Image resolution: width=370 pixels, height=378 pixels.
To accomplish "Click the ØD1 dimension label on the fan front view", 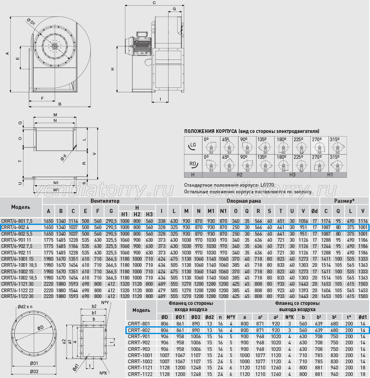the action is pos(31,22).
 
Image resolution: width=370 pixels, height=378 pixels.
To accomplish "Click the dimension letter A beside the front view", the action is pos(7,53).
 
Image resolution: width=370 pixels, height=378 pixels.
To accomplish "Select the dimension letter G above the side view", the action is pos(174,9).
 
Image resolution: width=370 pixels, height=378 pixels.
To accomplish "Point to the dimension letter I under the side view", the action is pos(160,99).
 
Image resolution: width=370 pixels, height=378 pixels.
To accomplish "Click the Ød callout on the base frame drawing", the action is pos(63,158).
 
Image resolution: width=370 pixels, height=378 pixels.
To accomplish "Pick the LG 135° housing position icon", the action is pos(265,145).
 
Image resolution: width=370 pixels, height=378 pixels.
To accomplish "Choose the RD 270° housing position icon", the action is pos(319,163).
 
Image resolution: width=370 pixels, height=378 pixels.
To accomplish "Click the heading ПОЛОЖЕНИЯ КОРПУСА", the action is pos(210,131).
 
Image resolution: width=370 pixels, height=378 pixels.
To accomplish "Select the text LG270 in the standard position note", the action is pos(267,185).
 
